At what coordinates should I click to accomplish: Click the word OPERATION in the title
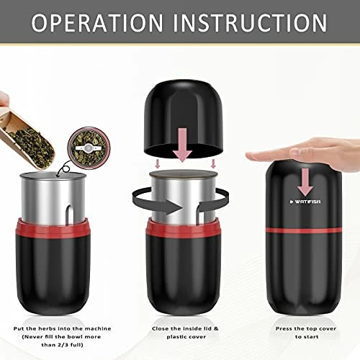click(x=97, y=23)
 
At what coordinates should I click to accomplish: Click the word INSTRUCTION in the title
click(x=250, y=23)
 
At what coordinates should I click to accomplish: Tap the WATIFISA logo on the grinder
click(x=305, y=202)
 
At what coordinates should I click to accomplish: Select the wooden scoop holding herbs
click(x=27, y=140)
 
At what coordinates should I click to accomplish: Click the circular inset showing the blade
click(x=89, y=148)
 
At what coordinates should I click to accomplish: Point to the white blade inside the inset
click(x=87, y=148)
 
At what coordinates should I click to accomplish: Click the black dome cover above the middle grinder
click(x=184, y=119)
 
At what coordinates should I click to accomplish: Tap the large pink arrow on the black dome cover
click(x=183, y=145)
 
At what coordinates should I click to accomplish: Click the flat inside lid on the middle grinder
click(x=184, y=175)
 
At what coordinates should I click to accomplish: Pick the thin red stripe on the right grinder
click(x=304, y=230)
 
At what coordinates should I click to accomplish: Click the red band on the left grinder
click(x=53, y=228)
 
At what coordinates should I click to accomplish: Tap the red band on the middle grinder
click(x=183, y=228)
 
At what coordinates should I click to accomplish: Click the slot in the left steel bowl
click(x=69, y=214)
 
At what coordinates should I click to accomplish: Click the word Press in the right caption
click(x=284, y=329)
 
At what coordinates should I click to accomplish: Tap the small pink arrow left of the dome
click(x=158, y=164)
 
